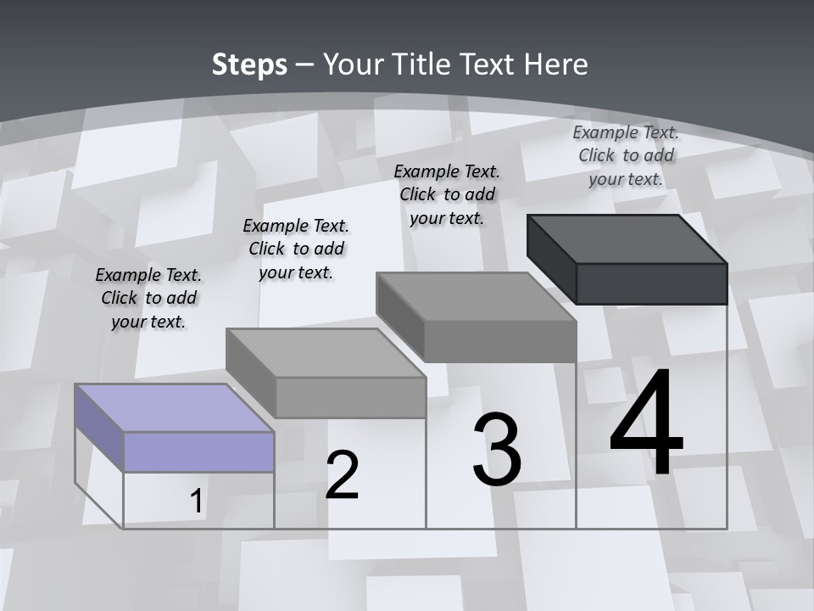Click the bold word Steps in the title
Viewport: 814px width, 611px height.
coord(249,64)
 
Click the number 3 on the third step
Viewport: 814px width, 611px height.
coord(497,449)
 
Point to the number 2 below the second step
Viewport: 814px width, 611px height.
coord(342,475)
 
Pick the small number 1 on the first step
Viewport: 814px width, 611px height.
coord(196,502)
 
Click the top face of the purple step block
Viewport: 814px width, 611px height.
coord(175,407)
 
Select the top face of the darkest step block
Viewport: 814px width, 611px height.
coord(627,238)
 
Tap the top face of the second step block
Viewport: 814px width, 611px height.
coord(326,352)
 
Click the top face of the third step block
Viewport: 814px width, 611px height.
coord(477,296)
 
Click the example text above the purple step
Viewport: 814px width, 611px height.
coord(148,298)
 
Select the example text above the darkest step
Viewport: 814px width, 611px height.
coord(626,155)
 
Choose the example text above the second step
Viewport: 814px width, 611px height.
coord(296,249)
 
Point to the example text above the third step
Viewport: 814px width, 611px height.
coord(447,194)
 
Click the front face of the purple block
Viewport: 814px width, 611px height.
coord(198,451)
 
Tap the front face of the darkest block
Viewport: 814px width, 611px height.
coord(651,283)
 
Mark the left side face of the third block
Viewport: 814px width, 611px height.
coord(399,317)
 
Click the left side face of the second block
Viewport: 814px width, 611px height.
coord(251,373)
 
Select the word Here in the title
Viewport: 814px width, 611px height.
coord(556,64)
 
